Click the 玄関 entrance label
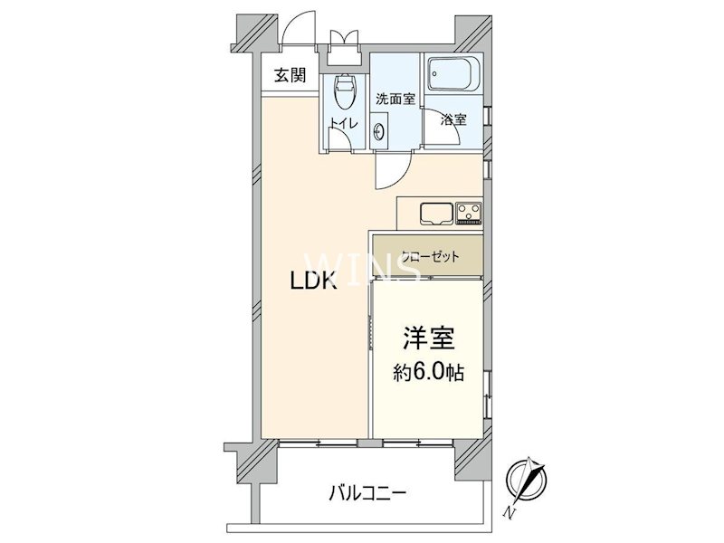pyautogui.click(x=291, y=76)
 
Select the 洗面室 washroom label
pyautogui.click(x=395, y=100)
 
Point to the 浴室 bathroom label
pyautogui.click(x=453, y=119)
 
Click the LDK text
pyautogui.click(x=314, y=281)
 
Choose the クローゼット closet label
pyautogui.click(x=425, y=257)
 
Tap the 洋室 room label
pyautogui.click(x=429, y=340)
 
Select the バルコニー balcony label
pyautogui.click(x=368, y=494)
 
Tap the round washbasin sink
pyautogui.click(x=378, y=132)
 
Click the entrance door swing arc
pyautogui.click(x=296, y=34)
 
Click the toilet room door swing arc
pyautogui.click(x=339, y=138)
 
